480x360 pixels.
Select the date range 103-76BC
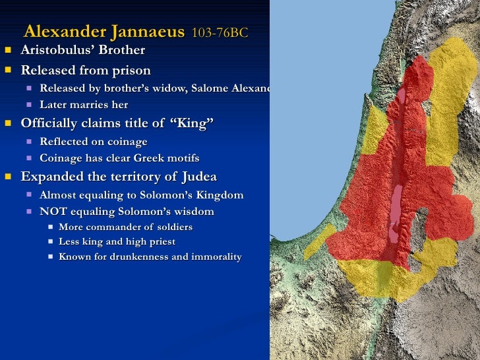[220, 33]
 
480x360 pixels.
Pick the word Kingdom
[219, 195]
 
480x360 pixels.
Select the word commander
[112, 227]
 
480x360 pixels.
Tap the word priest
[162, 242]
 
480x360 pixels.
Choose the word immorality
[217, 257]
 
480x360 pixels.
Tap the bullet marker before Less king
[51, 242]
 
